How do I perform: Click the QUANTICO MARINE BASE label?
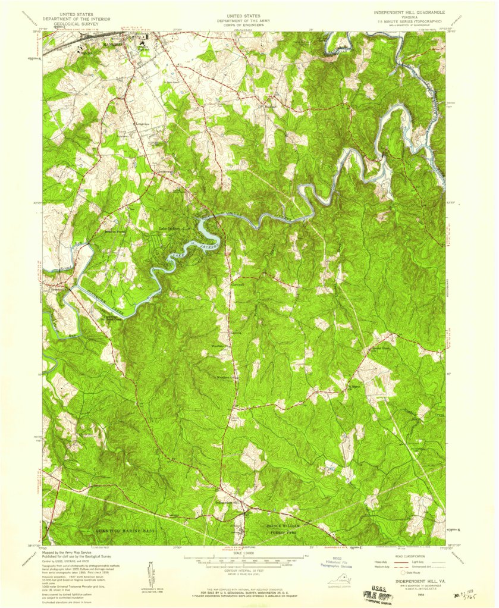tap(125, 529)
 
